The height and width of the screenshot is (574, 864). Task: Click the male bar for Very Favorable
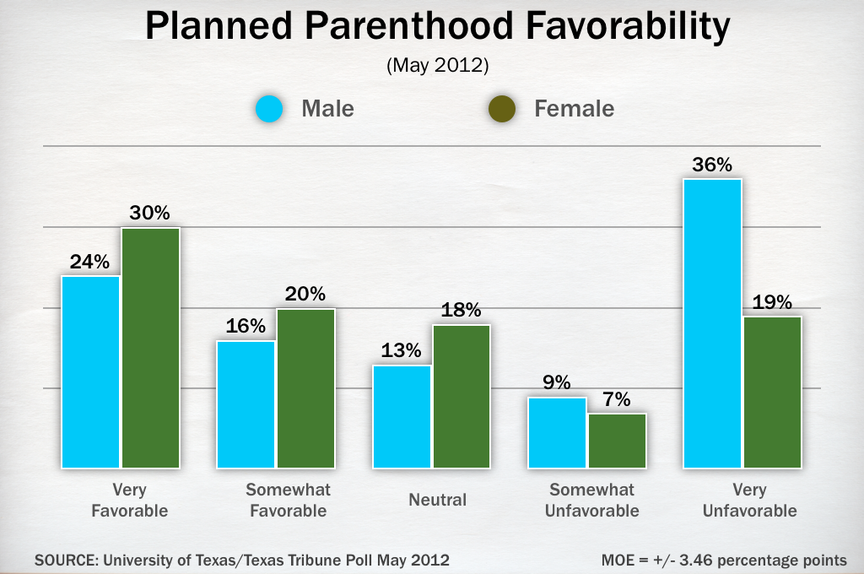pyautogui.click(x=90, y=371)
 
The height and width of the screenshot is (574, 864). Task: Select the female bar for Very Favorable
pyautogui.click(x=151, y=348)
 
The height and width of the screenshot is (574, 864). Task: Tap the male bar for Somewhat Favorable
pyautogui.click(x=246, y=404)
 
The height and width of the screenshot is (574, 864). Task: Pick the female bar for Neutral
pyautogui.click(x=462, y=396)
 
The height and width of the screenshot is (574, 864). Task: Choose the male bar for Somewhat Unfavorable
pyautogui.click(x=557, y=432)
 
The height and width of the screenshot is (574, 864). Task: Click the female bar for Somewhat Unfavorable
pyautogui.click(x=618, y=441)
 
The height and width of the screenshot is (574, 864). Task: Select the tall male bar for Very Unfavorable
pyautogui.click(x=712, y=323)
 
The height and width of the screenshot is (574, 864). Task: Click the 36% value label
pyautogui.click(x=712, y=165)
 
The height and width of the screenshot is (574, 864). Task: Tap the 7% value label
pyautogui.click(x=618, y=400)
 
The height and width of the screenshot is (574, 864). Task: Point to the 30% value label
pyautogui.click(x=150, y=214)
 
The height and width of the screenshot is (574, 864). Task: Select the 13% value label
pyautogui.click(x=401, y=351)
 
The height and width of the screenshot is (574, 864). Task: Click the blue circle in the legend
pyautogui.click(x=267, y=110)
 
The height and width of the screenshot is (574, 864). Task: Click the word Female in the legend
pyautogui.click(x=574, y=109)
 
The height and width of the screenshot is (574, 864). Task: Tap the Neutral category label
pyautogui.click(x=437, y=500)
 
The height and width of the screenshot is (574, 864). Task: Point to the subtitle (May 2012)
pyautogui.click(x=437, y=65)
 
